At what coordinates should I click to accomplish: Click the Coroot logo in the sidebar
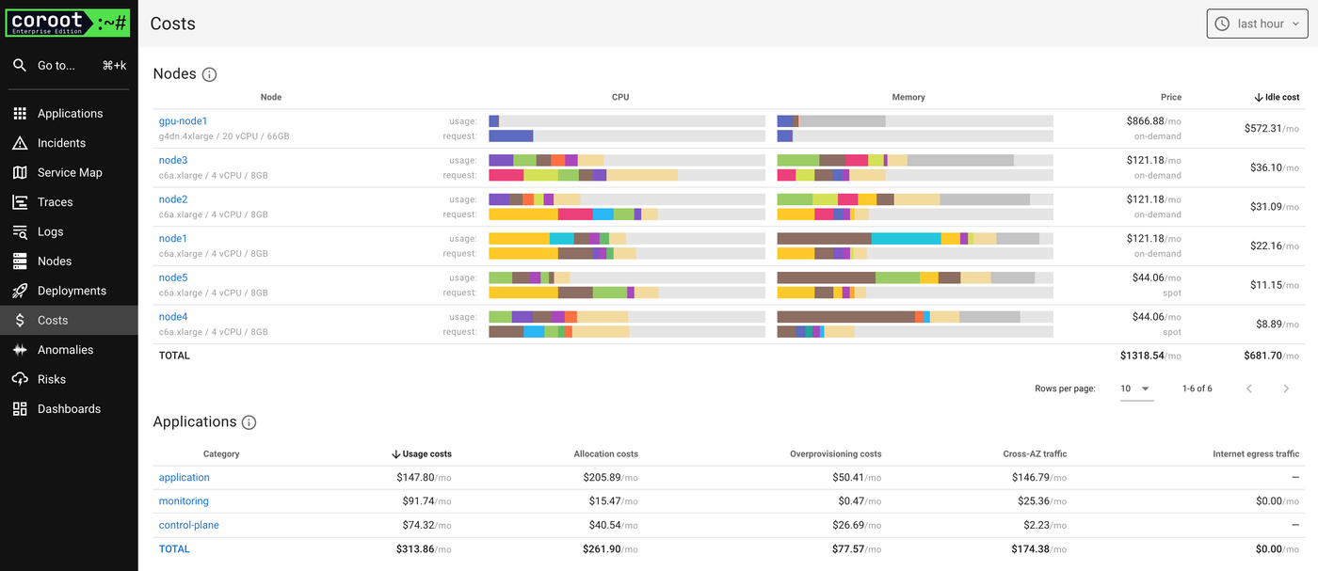68,24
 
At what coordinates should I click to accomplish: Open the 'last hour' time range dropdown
1257,24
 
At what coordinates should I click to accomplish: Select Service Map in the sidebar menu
69,172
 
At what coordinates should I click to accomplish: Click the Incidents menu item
61,143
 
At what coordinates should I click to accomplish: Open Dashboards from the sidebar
69,409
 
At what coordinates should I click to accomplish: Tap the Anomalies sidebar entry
65,350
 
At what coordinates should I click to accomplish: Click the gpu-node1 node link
183,121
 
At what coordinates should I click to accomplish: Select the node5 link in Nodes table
173,278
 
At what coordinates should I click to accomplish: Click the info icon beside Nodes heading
210,74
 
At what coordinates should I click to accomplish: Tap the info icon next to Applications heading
249,422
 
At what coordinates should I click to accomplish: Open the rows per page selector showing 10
1136,389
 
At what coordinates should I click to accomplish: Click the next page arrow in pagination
1286,389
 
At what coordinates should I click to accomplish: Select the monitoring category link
184,501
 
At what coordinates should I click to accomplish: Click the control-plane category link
188,525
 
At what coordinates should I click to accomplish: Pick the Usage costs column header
422,453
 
